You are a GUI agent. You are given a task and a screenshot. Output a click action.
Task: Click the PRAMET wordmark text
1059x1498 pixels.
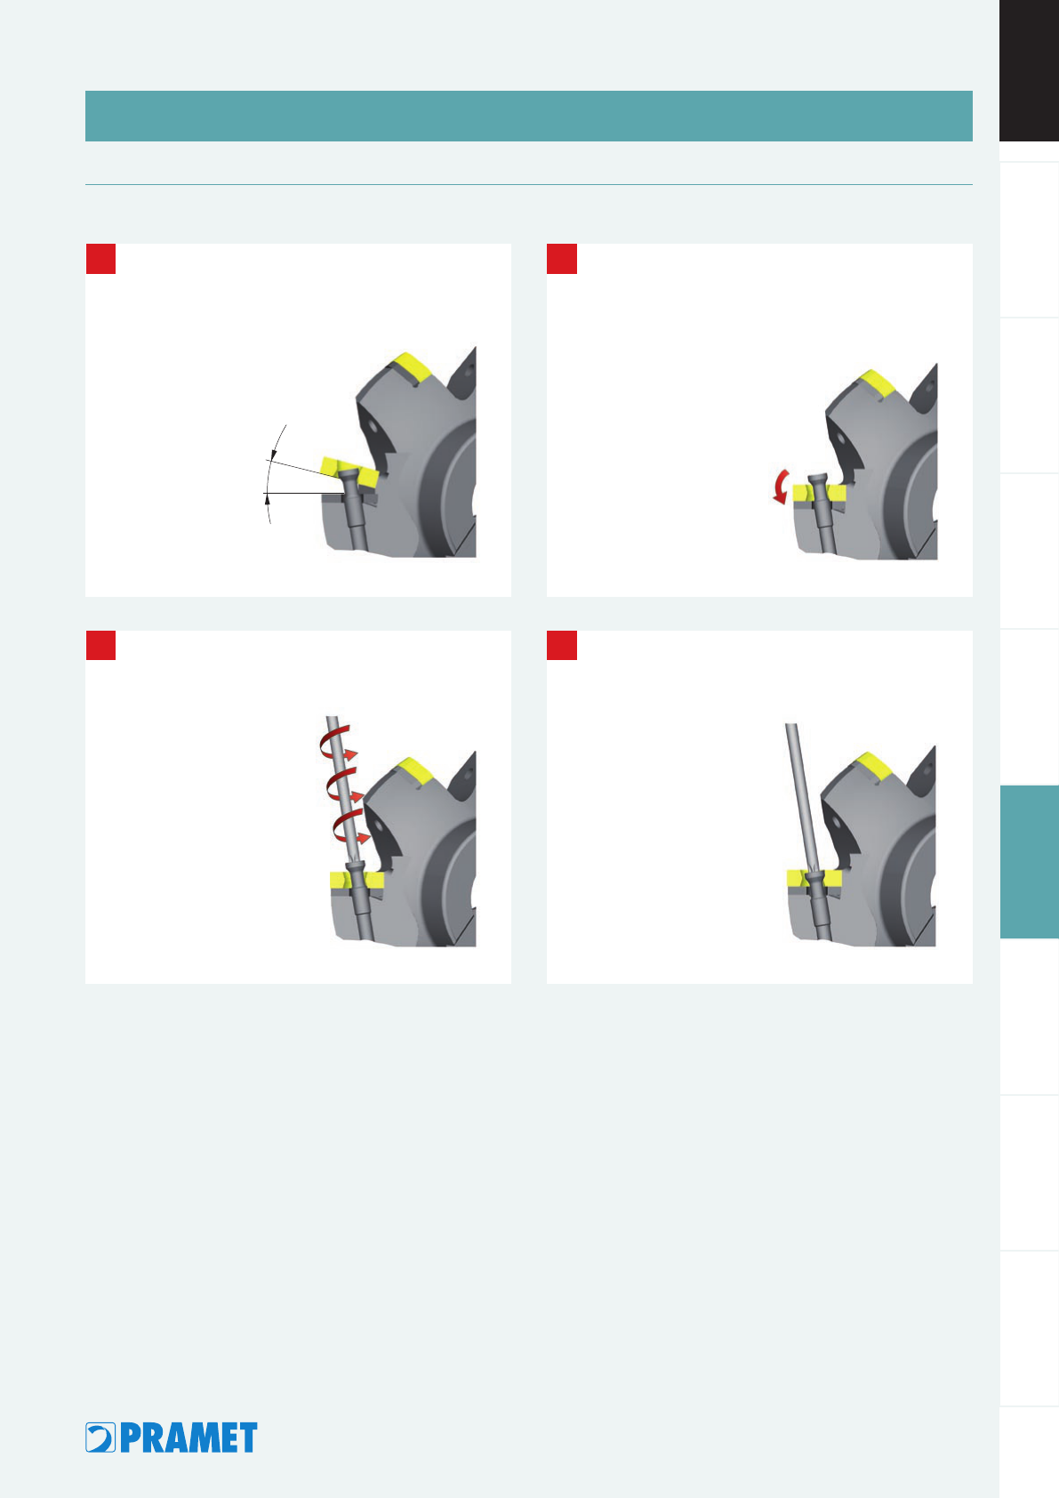coord(189,1438)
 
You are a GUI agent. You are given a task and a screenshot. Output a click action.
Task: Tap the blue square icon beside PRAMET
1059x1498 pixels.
coord(100,1438)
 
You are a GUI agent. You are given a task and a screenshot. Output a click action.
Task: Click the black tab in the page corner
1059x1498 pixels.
coord(1029,70)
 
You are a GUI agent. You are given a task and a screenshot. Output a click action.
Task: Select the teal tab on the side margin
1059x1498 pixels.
coord(1029,861)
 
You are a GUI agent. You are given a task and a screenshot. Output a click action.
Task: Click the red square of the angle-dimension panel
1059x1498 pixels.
coord(101,259)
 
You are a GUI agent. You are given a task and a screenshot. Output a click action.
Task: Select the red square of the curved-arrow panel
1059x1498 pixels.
coord(562,259)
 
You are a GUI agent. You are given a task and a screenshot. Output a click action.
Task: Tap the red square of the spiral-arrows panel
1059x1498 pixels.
coord(101,645)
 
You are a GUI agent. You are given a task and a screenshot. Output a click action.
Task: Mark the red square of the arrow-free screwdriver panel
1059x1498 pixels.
coord(562,645)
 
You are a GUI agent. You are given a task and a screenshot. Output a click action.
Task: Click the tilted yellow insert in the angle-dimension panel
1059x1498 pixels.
coord(349,471)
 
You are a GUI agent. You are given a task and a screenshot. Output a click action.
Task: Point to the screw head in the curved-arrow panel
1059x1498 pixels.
coord(818,479)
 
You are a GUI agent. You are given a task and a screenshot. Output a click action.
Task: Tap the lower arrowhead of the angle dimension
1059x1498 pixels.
coord(268,498)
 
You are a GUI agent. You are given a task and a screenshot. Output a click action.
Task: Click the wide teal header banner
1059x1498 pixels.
coord(529,116)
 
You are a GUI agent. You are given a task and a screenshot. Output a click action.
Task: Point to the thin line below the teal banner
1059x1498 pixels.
coord(529,184)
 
